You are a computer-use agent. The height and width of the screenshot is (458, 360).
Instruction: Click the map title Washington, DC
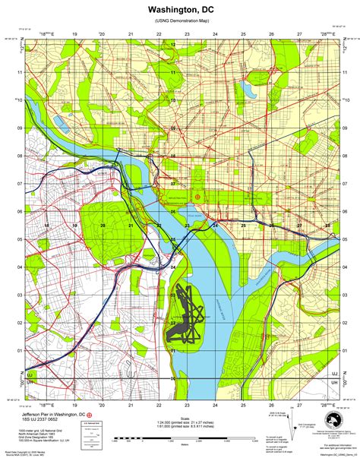(x=179, y=8)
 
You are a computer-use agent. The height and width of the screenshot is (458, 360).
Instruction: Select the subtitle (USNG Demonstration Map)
(x=179, y=22)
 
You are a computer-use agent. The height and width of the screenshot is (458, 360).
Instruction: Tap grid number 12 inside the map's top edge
(x=173, y=46)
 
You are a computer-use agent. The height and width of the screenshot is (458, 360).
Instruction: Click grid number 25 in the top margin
(x=243, y=34)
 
